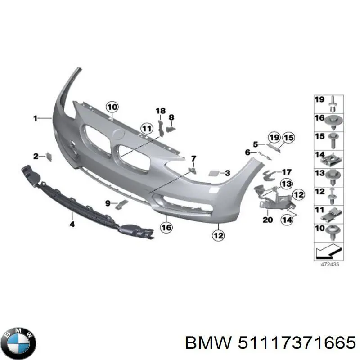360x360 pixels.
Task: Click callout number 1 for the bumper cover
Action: pos(35,118)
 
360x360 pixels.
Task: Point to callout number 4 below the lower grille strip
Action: pos(72,223)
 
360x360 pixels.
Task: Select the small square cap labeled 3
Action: pos(214,173)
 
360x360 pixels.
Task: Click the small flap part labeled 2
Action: pos(49,156)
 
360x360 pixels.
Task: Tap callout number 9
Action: pos(108,203)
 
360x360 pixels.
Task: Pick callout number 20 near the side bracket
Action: pos(267,220)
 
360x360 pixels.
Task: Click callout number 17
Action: pos(287,172)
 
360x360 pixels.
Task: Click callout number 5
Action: pos(255,144)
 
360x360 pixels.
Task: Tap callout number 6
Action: pos(247,153)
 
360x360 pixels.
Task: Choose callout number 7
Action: pos(193,158)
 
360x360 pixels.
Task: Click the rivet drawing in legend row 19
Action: pos(333,103)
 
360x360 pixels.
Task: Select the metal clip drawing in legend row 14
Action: pos(333,158)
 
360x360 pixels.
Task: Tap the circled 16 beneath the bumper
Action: pos(166,228)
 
